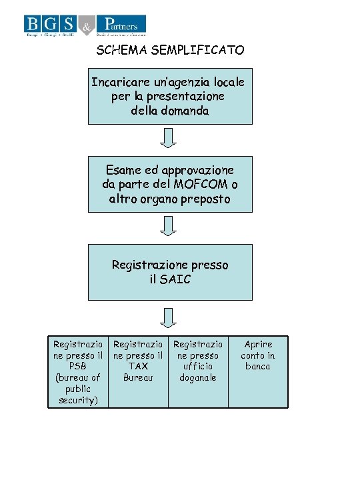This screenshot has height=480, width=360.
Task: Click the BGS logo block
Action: (51, 25)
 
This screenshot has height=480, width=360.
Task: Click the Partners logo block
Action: (121, 25)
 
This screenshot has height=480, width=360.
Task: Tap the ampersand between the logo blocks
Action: (87, 26)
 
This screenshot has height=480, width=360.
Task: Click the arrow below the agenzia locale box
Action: (169, 137)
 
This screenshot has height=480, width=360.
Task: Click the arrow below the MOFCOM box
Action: (169, 225)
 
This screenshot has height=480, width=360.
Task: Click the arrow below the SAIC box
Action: (169, 317)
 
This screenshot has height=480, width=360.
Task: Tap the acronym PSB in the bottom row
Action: (78, 366)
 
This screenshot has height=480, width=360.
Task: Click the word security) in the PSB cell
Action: (78, 400)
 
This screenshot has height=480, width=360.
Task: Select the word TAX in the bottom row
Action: (138, 366)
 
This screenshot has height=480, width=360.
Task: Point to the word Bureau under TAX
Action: (138, 377)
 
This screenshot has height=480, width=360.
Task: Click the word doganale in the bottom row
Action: (198, 377)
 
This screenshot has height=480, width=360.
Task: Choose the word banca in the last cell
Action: (258, 366)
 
